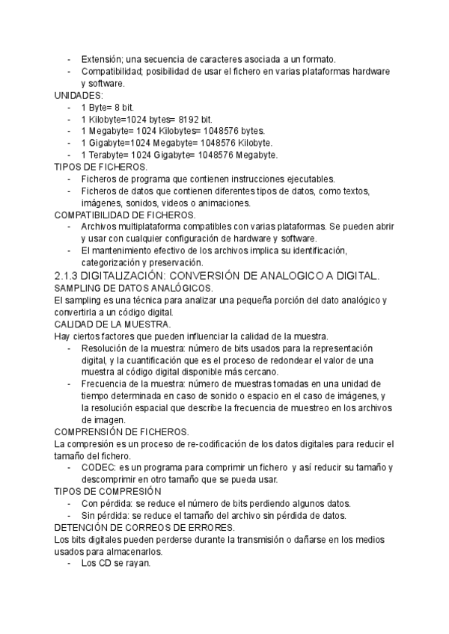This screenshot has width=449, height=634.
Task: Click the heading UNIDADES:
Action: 79,96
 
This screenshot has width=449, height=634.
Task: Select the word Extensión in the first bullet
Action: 102,59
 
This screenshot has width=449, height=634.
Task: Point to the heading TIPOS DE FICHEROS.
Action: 101,167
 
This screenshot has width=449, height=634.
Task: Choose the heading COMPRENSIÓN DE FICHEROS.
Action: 122,432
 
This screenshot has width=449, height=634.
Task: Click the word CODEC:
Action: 98,468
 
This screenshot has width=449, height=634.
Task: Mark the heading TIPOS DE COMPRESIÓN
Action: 108,492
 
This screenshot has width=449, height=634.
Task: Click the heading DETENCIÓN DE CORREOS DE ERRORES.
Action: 140,528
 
